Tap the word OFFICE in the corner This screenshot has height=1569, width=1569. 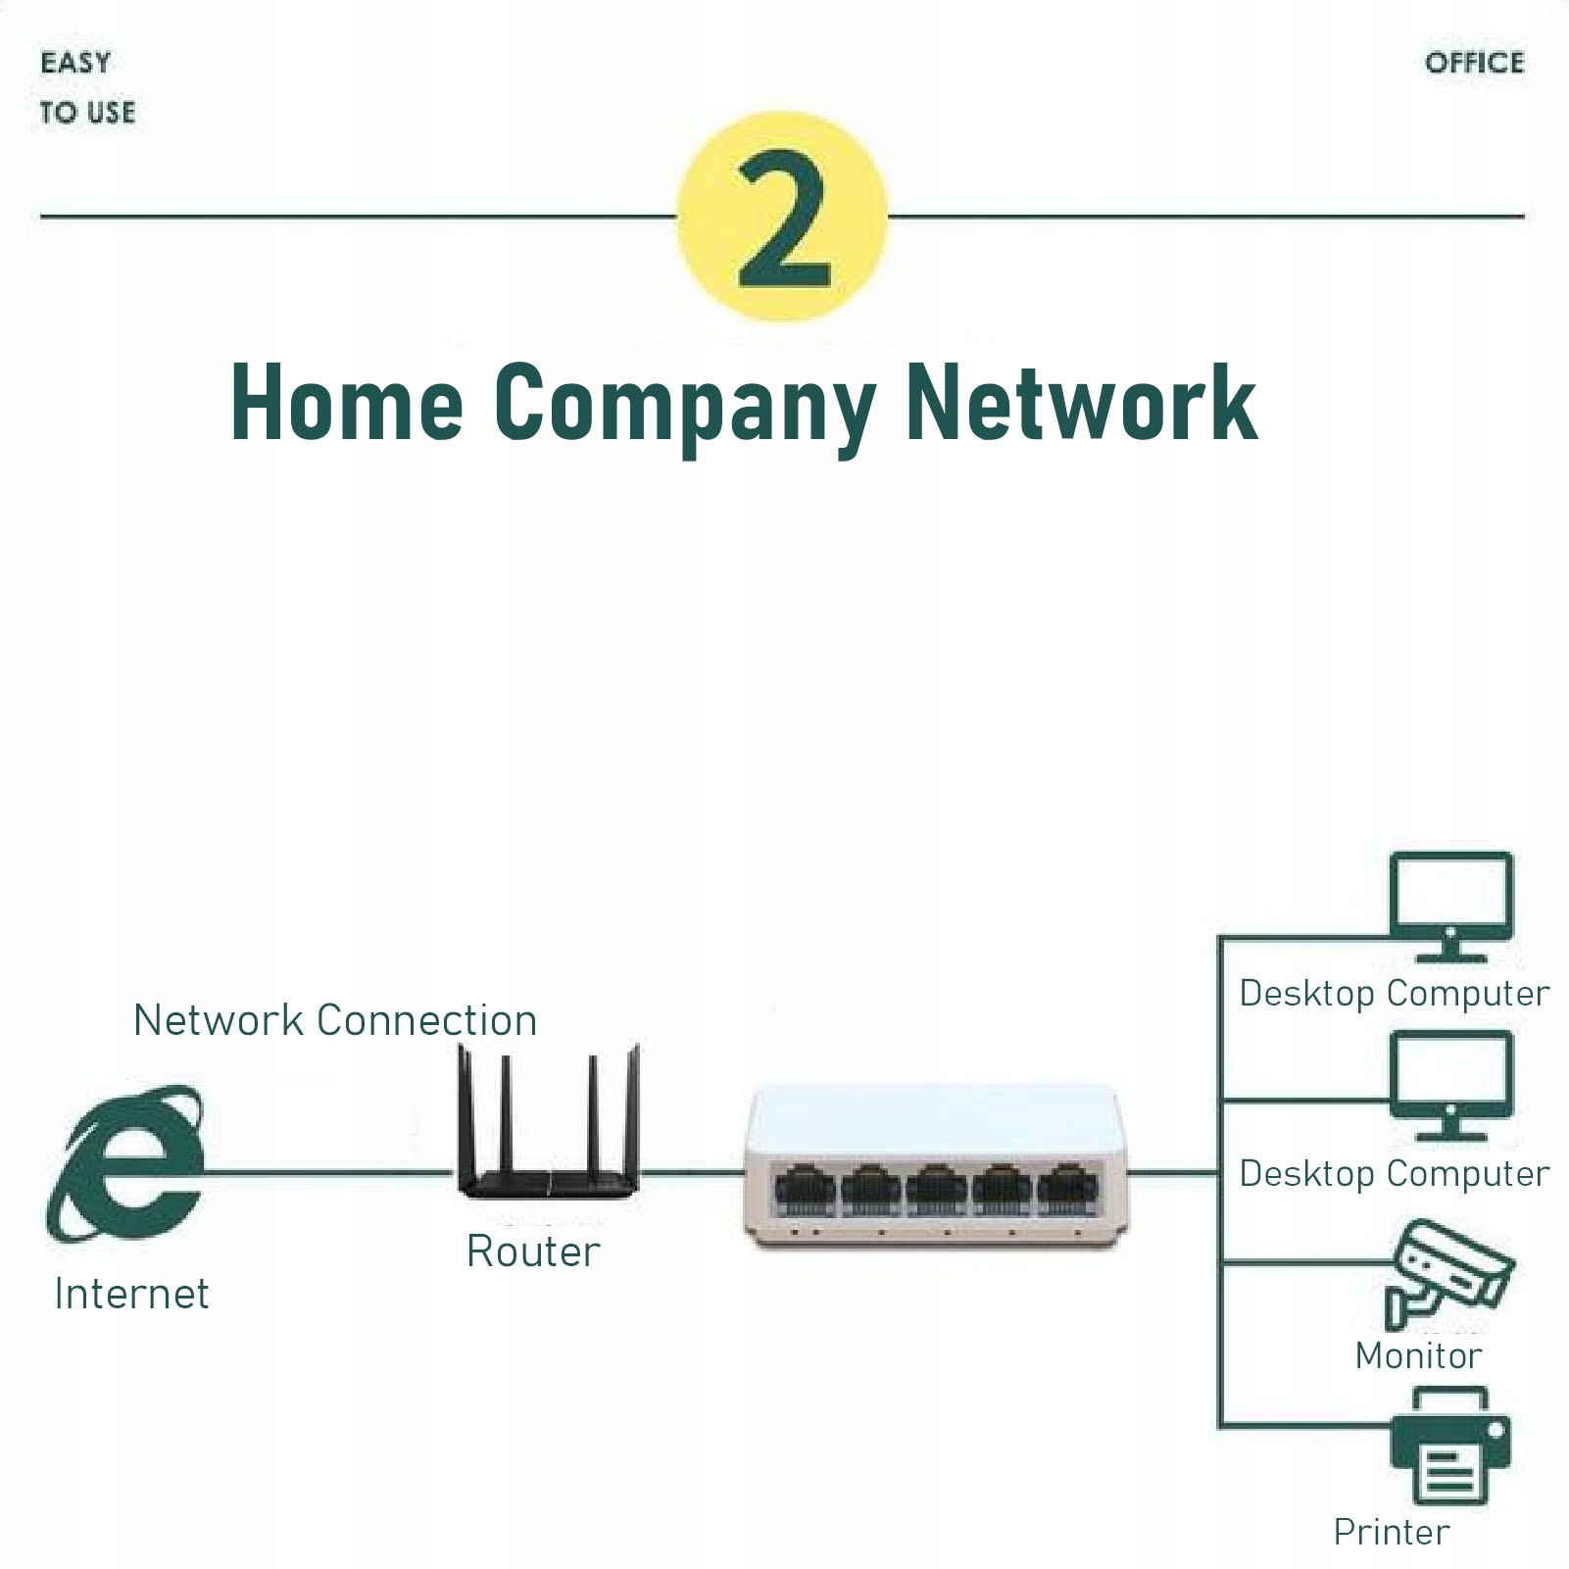(1474, 64)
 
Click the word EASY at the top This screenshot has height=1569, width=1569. (75, 63)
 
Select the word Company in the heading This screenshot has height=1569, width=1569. (683, 404)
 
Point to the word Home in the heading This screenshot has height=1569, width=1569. (346, 402)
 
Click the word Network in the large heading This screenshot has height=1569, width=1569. (1081, 402)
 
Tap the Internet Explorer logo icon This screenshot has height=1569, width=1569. (125, 1164)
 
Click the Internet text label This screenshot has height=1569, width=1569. (131, 1294)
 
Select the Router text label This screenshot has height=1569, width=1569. (533, 1251)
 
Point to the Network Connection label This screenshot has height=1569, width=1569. (335, 1020)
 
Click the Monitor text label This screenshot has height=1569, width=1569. (1418, 1355)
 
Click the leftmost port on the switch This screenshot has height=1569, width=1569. (805, 1188)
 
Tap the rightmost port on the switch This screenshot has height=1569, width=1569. (1066, 1188)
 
